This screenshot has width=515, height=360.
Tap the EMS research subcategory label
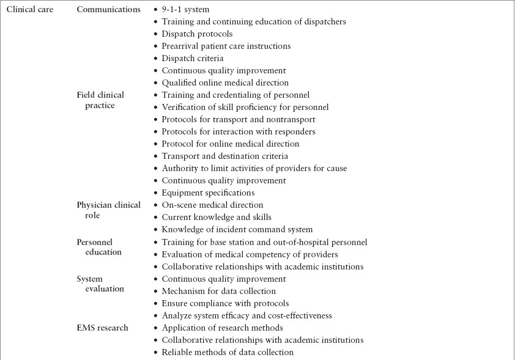click(102, 328)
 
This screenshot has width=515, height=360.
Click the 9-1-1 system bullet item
click(185, 10)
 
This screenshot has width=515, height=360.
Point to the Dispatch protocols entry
click(197, 34)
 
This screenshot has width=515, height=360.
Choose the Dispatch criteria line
click(192, 59)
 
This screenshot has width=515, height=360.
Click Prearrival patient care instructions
click(226, 46)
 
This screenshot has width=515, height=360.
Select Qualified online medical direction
click(224, 83)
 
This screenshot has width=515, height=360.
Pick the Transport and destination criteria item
click(224, 156)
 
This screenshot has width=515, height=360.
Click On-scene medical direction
click(212, 205)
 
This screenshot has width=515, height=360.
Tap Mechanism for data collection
click(218, 291)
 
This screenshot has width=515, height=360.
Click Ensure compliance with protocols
click(225, 303)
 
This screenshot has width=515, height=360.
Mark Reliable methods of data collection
click(228, 352)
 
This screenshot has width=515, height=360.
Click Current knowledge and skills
click(217, 218)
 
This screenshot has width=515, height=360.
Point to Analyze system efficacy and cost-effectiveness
click(246, 315)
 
